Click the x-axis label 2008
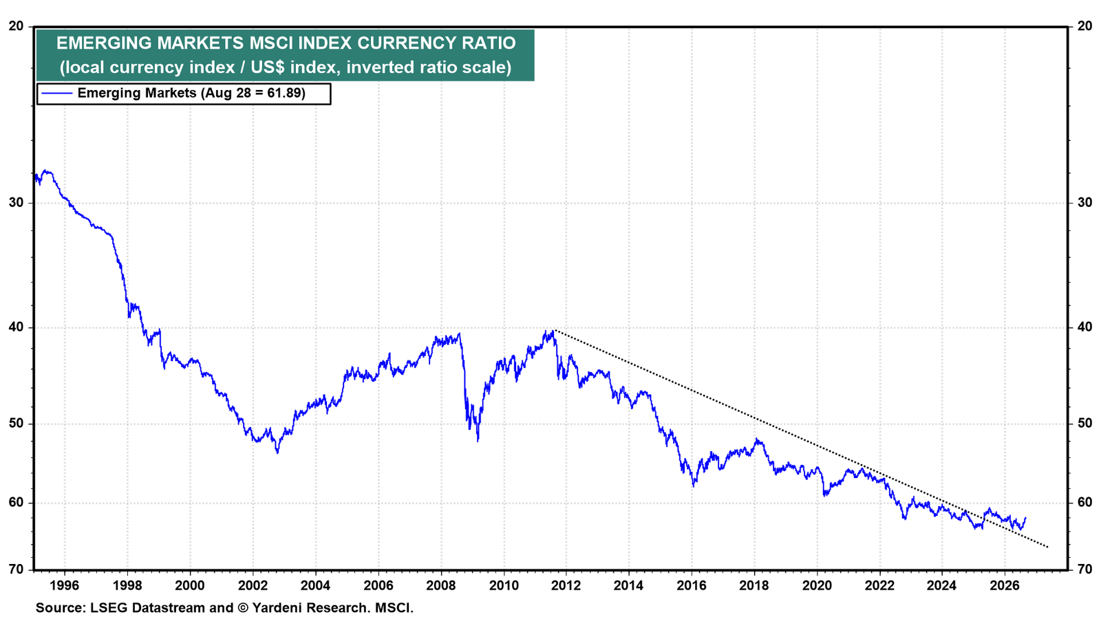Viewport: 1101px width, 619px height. coord(441,585)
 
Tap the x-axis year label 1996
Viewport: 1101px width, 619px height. coord(65,585)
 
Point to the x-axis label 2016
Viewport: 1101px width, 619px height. coord(692,585)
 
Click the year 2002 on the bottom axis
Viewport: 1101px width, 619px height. coord(253,585)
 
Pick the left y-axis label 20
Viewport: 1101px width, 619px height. coord(17,26)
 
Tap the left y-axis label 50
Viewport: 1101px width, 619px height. coord(17,424)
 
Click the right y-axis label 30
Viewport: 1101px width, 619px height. coord(1084,202)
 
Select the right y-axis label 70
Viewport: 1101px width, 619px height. coord(1084,569)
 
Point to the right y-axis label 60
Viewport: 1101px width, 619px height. coord(1084,502)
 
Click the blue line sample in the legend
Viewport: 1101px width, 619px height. coord(57,93)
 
